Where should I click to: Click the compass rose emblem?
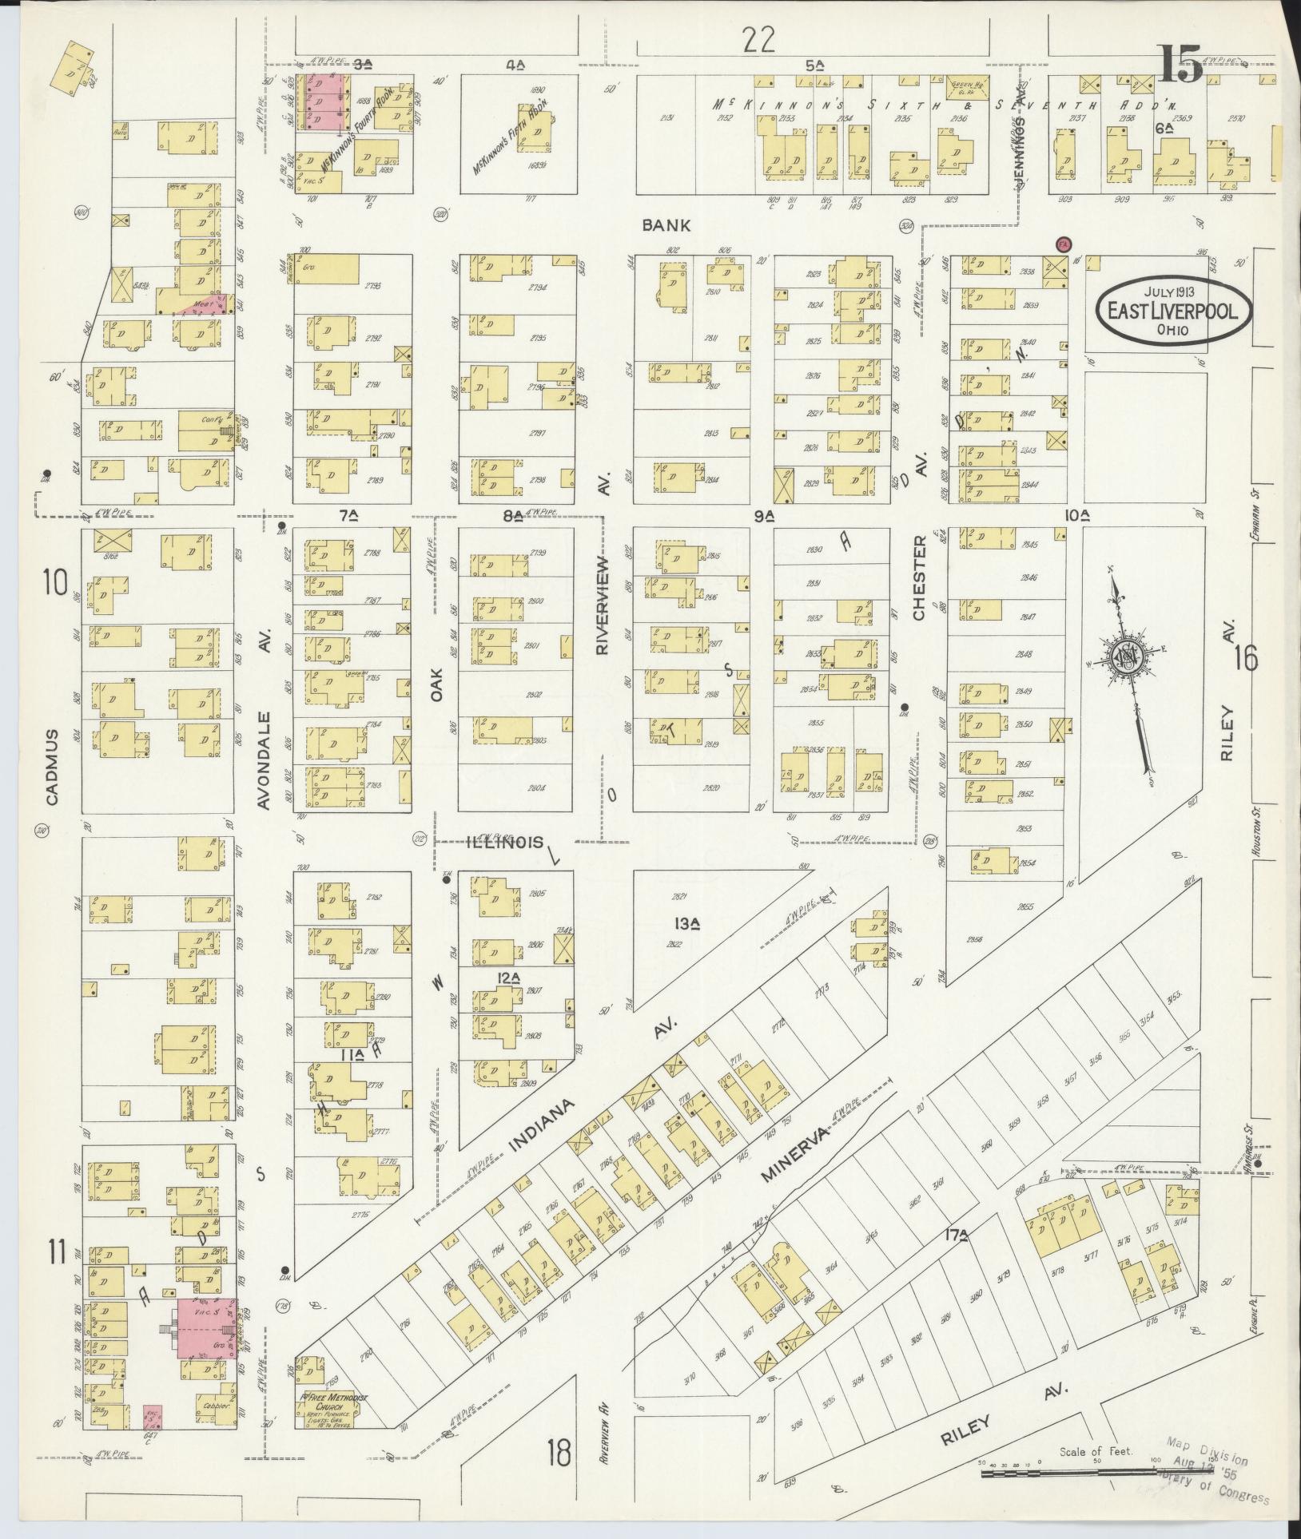click(x=1128, y=656)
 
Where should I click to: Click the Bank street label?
click(x=666, y=226)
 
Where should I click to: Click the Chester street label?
click(x=918, y=578)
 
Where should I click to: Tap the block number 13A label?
click(x=687, y=924)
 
